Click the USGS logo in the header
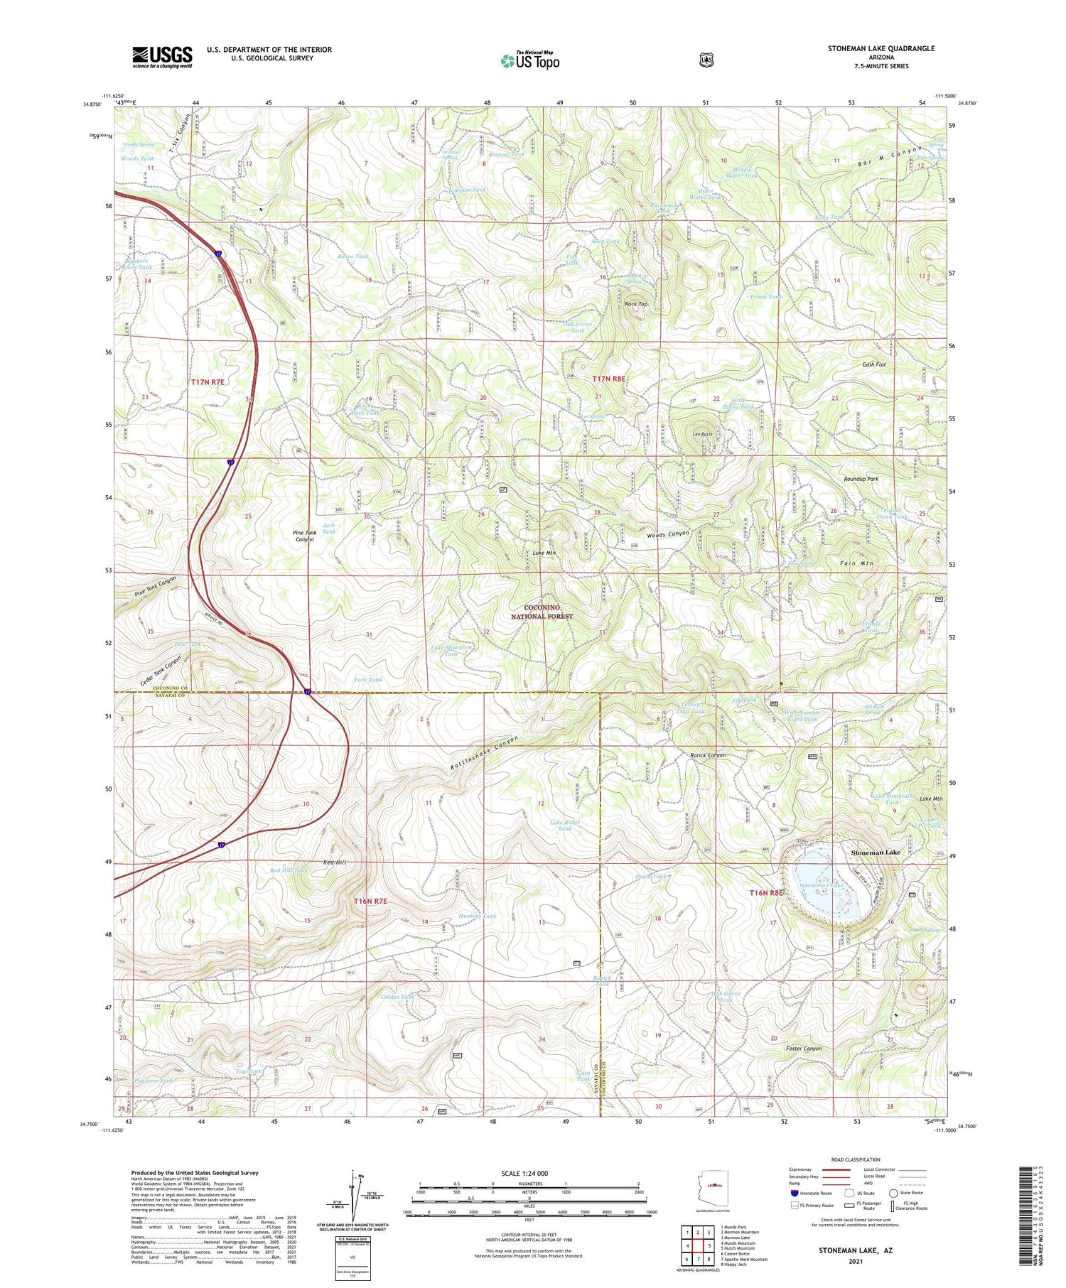162,57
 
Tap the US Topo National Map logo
530,60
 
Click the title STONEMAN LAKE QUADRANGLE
881,48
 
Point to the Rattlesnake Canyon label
485,754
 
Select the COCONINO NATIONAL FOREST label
542,612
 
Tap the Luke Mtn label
544,553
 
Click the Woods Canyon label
667,534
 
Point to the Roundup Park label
861,479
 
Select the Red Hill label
335,862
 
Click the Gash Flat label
873,364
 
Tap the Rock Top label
636,304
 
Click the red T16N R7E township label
370,901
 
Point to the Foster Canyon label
803,1049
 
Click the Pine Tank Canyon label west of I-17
155,586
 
